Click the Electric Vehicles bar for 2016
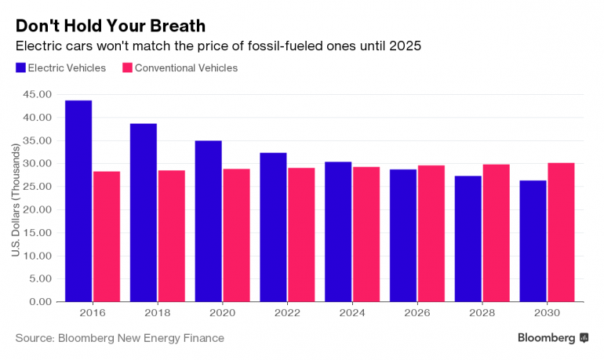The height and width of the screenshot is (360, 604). coord(78,201)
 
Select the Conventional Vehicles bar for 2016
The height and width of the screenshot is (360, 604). coord(107,236)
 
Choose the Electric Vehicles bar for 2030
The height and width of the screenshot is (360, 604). coord(533,241)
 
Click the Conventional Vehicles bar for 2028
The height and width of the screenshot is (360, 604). coord(496,233)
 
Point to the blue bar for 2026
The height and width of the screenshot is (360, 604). coord(403,235)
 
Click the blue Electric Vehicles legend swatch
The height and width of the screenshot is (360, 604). coord(20,68)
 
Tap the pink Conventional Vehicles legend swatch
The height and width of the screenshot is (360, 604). coord(127,68)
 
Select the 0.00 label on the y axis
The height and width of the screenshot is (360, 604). coord(41,302)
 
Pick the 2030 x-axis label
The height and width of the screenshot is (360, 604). coord(547,311)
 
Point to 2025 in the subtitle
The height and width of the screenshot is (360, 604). coord(406,46)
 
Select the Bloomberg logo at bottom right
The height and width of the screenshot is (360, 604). coord(552,338)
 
